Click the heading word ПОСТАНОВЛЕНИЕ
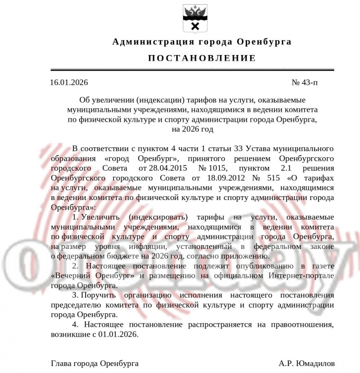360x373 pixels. [202, 58]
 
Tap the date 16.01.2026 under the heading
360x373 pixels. [68, 83]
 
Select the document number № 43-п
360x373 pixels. [305, 83]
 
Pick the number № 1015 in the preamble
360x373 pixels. [212, 168]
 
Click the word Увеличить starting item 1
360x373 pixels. [100, 217]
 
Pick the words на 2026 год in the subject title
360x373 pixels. [192, 129]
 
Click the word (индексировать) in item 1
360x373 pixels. [159, 217]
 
